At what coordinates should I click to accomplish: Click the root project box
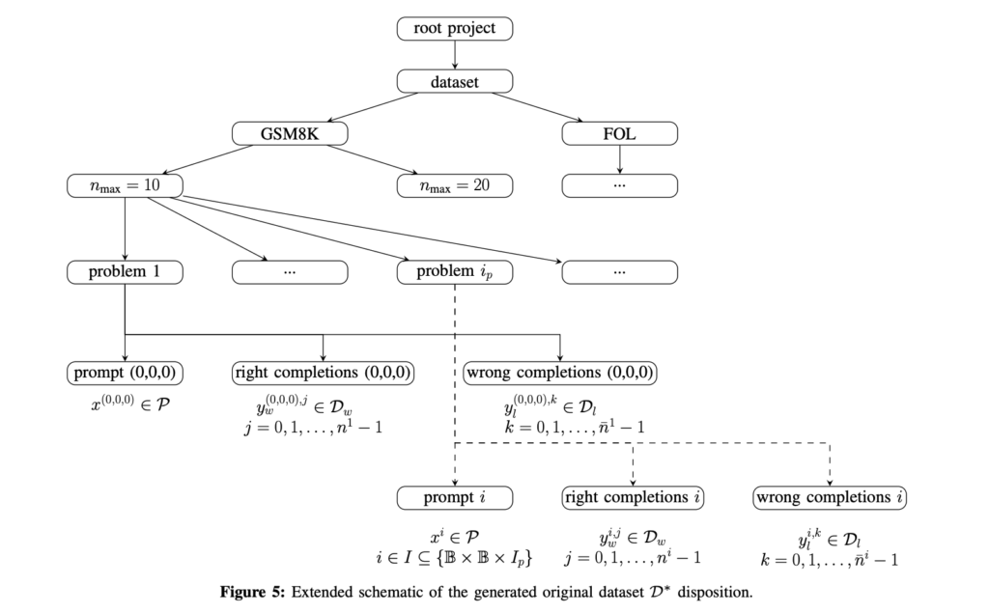point(454,29)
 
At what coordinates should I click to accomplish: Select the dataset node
point(454,82)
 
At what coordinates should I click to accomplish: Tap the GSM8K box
point(290,133)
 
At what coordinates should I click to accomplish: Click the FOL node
point(619,133)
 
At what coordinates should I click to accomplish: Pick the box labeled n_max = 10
point(126,184)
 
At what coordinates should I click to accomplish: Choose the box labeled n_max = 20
point(454,184)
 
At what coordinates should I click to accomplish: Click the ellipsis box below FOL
point(619,184)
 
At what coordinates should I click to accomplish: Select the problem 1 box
point(126,272)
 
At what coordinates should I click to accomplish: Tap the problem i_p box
point(454,272)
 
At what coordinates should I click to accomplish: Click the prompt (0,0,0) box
point(126,372)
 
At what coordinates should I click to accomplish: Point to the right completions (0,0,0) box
point(323,372)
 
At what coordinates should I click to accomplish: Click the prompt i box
point(454,498)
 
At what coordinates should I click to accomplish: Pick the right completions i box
point(633,498)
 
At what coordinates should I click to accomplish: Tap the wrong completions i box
point(831,498)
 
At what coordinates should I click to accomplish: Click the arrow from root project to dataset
point(454,55)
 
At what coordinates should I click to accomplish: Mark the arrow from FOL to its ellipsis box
point(619,158)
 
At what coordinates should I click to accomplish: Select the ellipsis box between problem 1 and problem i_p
point(290,272)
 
